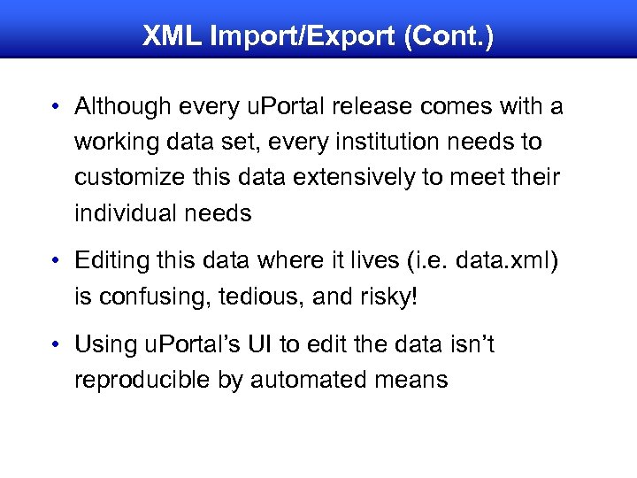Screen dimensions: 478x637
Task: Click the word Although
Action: point(120,107)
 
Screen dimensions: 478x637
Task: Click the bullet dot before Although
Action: point(55,108)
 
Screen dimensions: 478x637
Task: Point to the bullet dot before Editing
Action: point(55,262)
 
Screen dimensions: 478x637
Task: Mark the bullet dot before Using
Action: point(55,345)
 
